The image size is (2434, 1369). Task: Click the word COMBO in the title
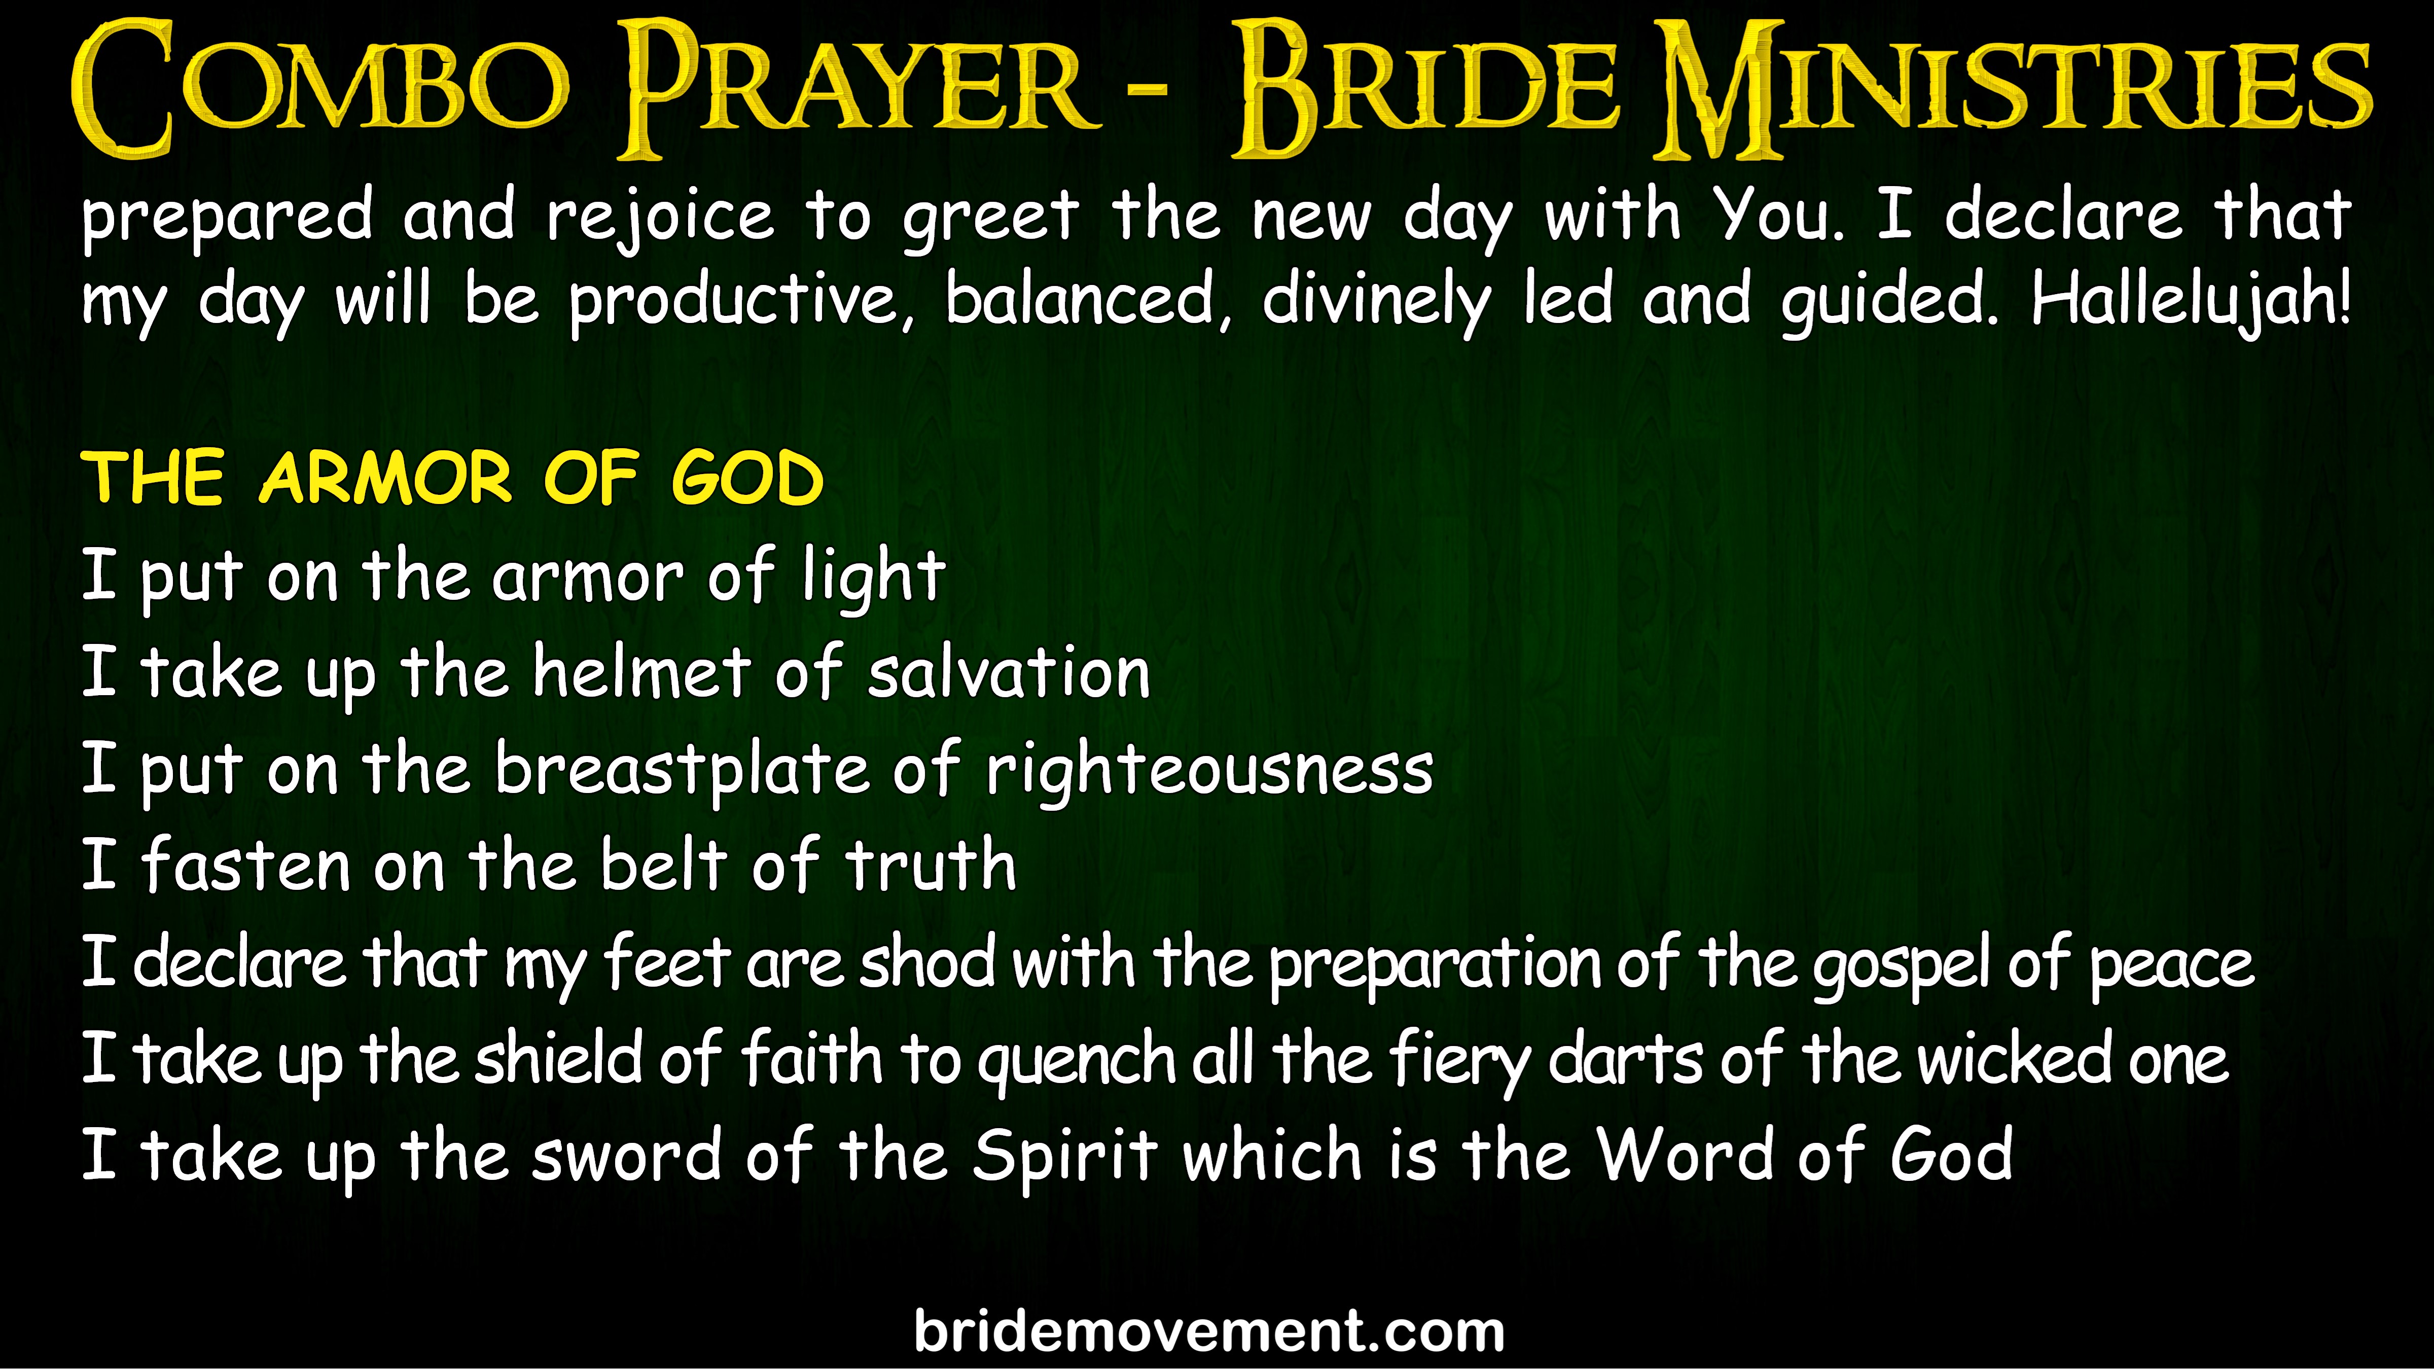point(319,90)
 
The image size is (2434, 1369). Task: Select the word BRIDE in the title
point(1427,90)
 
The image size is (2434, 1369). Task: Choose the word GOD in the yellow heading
point(747,478)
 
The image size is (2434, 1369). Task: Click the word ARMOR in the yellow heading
point(385,478)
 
